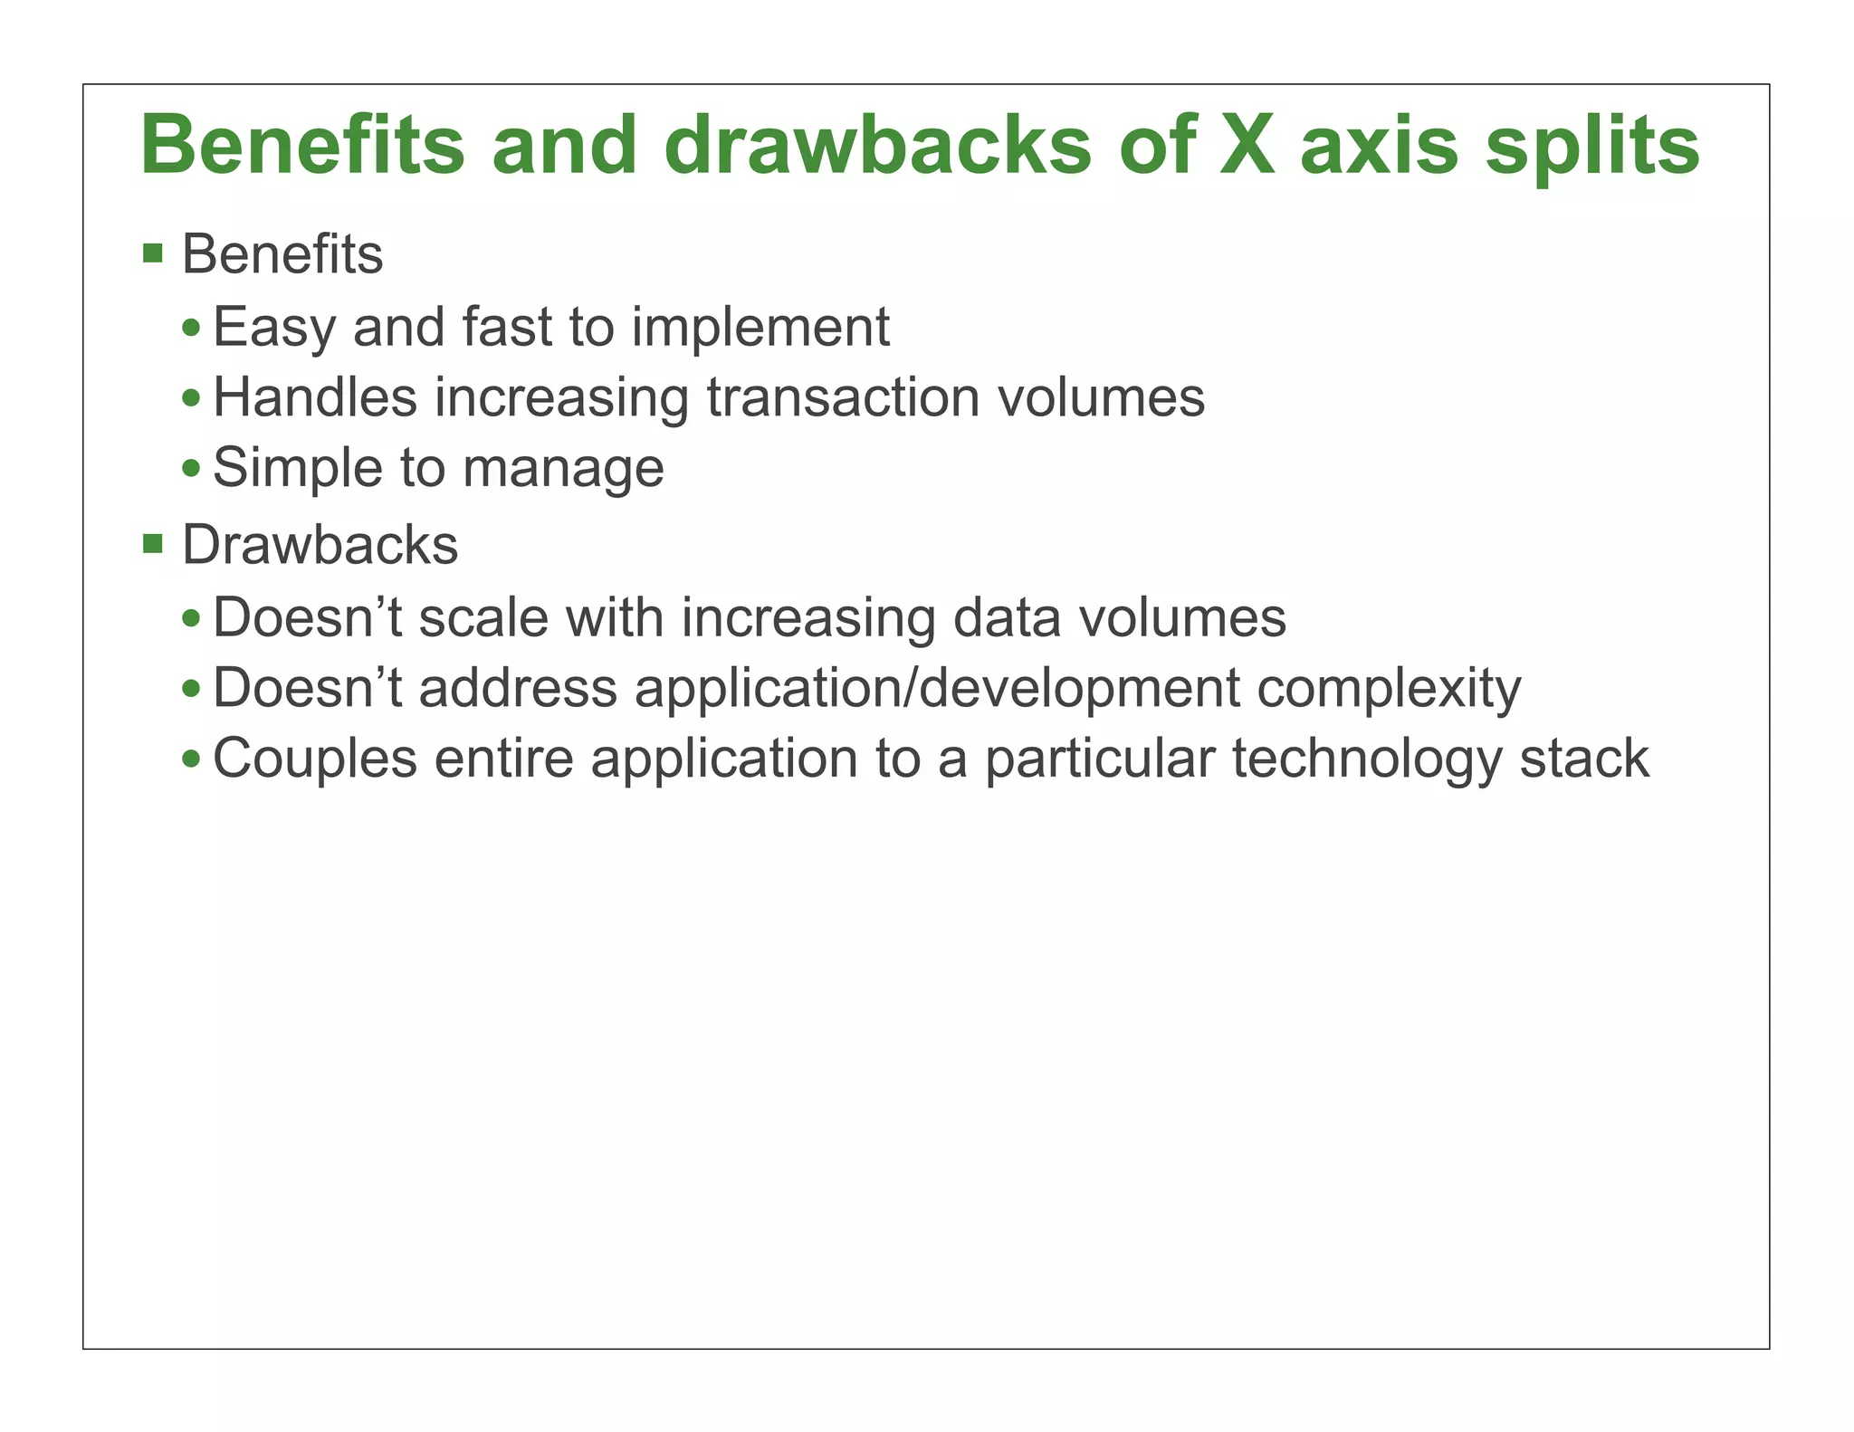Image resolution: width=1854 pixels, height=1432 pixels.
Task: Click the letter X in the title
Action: (1246, 146)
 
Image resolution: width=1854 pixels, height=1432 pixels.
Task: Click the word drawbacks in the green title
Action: (877, 146)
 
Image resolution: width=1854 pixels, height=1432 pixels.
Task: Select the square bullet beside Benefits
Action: (153, 253)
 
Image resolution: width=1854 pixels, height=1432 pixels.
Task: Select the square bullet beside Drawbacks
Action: (153, 544)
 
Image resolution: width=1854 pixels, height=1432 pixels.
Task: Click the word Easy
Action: (274, 328)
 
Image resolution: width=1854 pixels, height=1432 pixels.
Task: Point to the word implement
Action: (760, 328)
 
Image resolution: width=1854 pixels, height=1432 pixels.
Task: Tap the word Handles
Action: (314, 397)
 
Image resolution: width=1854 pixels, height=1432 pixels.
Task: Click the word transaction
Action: (843, 397)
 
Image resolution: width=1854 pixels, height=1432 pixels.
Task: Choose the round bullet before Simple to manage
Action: (191, 469)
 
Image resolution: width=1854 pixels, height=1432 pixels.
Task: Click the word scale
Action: (483, 618)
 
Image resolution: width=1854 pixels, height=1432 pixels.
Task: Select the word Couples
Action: (314, 759)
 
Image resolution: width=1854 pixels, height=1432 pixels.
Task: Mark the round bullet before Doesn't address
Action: (191, 689)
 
